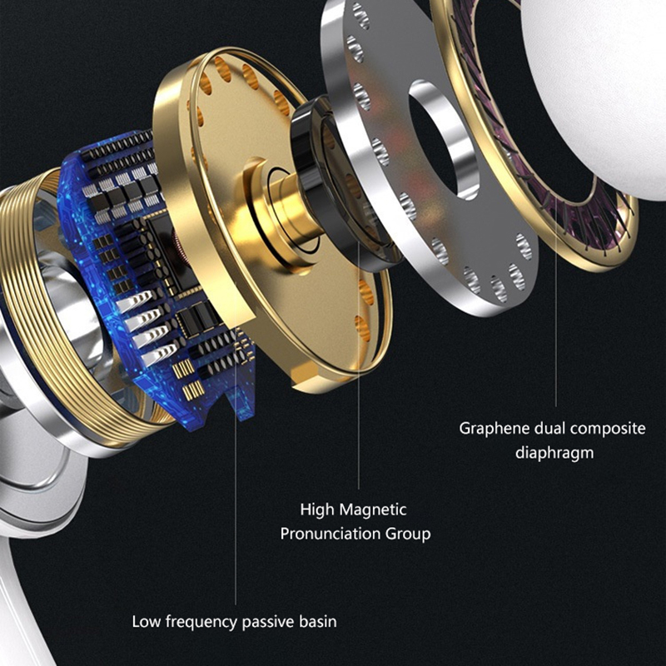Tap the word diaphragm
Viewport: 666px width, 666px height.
[x=554, y=453]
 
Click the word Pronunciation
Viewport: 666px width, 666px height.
[x=330, y=534]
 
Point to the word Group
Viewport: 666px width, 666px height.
[x=408, y=534]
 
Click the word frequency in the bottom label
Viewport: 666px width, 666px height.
[x=201, y=622]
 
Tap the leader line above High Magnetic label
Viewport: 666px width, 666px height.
[x=359, y=365]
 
